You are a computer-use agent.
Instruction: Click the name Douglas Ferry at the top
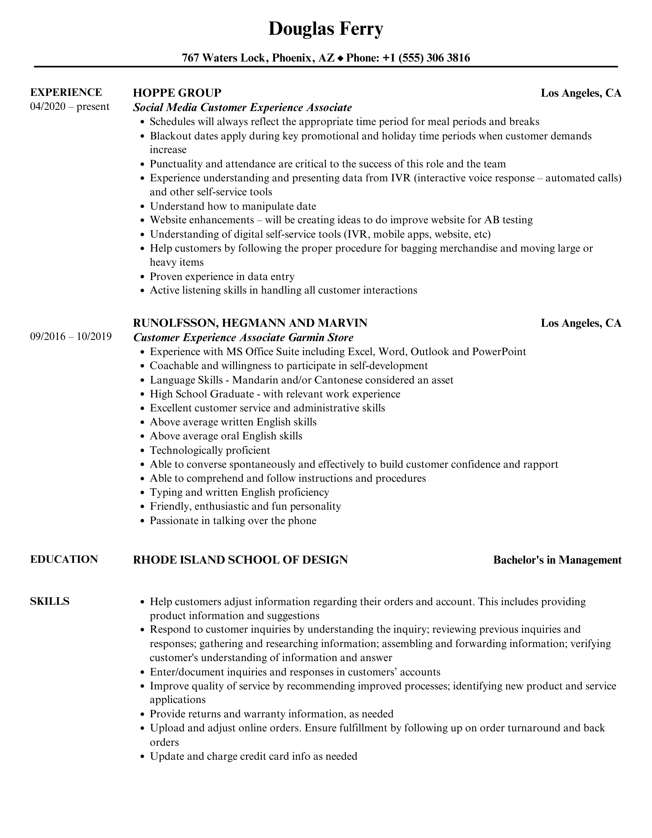point(326,29)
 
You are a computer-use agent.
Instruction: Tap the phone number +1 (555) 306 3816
point(426,58)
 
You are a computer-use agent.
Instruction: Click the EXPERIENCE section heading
point(66,92)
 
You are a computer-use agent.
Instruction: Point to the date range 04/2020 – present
point(70,107)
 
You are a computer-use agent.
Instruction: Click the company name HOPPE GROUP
point(177,93)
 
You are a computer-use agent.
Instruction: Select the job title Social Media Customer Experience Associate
point(243,107)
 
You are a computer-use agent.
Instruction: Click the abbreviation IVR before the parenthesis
point(401,178)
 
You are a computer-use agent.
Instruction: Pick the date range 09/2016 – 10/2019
point(71,336)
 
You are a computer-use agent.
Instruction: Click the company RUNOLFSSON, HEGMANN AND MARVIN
point(250,323)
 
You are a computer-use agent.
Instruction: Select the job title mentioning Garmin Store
point(243,338)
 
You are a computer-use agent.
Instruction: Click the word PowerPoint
point(499,351)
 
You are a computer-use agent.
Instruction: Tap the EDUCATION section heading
point(64,559)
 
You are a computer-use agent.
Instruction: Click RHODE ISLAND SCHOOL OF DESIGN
point(240,560)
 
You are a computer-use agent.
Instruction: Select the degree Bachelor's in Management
point(557,560)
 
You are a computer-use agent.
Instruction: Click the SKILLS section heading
point(50,601)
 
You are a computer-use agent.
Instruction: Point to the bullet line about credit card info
point(253,756)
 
